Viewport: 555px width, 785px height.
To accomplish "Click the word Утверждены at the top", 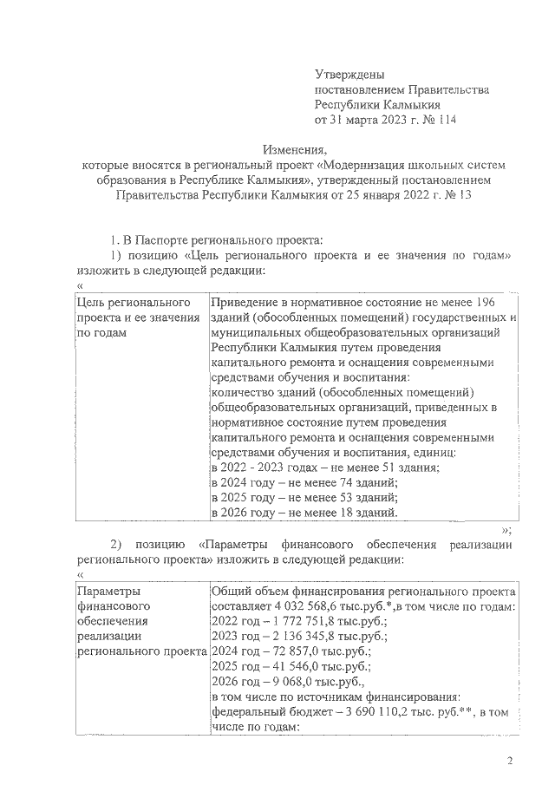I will pos(349,75).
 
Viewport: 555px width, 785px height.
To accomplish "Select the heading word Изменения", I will pos(293,148).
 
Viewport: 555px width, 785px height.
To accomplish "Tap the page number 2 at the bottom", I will pos(511,762).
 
